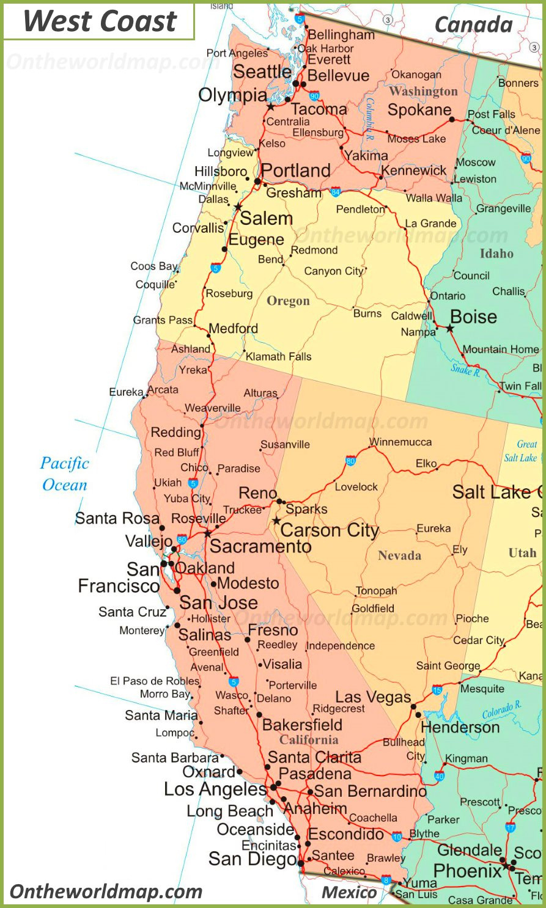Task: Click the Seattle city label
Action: point(262,71)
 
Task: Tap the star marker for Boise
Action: point(450,329)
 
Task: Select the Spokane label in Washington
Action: point(419,110)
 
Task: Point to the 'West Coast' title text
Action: point(100,21)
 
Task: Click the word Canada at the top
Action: point(473,25)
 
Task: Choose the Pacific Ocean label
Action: point(64,474)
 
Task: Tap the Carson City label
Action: point(330,530)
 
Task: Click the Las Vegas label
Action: point(373,697)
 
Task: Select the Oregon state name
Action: point(288,301)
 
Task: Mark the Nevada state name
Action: point(399,555)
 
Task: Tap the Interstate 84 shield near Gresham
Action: point(335,192)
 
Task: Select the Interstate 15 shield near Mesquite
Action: point(437,690)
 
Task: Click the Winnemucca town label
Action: point(400,442)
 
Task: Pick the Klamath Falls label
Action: point(278,356)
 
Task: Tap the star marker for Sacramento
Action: point(208,533)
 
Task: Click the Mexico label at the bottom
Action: point(349,893)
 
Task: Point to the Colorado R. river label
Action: point(501,711)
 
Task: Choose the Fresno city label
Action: point(273,629)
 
